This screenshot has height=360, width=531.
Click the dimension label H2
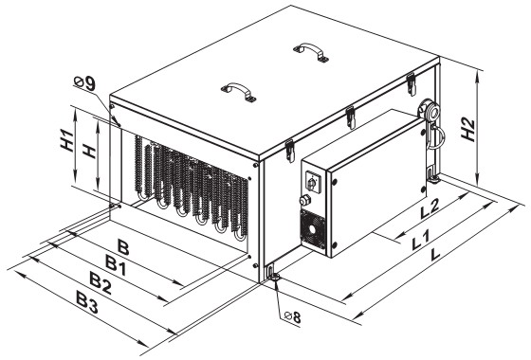click(467, 130)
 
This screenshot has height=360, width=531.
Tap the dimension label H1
click(66, 140)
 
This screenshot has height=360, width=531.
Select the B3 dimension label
click(87, 302)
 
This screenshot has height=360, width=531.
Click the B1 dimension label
click(116, 265)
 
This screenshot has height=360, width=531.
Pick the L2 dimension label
click(430, 208)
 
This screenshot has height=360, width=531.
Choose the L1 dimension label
click(420, 240)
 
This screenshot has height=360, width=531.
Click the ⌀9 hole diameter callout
click(84, 83)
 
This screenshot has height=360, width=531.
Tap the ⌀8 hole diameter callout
click(293, 317)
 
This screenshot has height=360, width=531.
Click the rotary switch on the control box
click(311, 182)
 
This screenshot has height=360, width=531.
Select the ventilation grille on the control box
click(313, 229)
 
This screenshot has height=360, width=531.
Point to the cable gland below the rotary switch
click(304, 200)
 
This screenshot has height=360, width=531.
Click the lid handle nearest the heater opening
click(238, 91)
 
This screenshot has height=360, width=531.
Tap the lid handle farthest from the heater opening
click(311, 52)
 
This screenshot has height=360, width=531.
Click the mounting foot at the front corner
click(272, 275)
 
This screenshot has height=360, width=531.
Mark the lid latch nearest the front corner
click(289, 151)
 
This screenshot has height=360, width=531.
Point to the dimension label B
click(123, 247)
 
